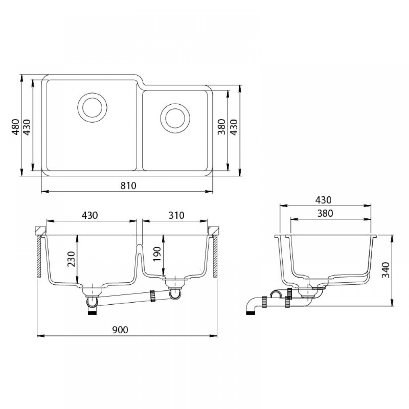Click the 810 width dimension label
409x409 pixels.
[x=128, y=185]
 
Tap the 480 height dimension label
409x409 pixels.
[x=16, y=127]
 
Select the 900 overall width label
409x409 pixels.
[x=120, y=330]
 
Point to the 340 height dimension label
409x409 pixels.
[x=386, y=270]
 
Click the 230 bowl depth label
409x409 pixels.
[x=71, y=259]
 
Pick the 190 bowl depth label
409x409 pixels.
[x=157, y=254]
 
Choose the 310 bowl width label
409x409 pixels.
[x=176, y=215]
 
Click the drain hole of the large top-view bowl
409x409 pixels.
[x=92, y=108]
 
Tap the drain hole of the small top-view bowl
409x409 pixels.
[x=175, y=118]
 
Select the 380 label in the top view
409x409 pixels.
[x=221, y=127]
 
